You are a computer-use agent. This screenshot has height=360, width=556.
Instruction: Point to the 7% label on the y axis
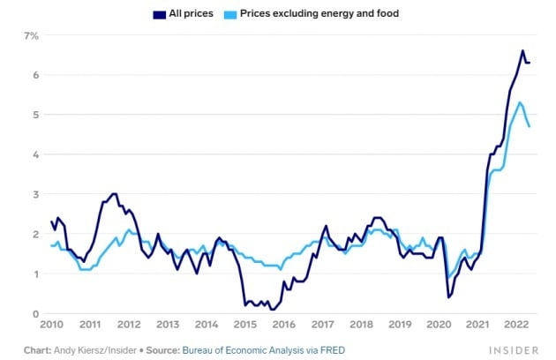coord(32,35)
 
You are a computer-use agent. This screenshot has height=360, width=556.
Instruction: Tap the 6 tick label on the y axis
coord(34,75)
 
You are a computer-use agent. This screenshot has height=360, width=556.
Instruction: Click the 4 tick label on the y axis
coord(34,154)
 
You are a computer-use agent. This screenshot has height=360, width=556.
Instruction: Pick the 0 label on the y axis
coord(34,313)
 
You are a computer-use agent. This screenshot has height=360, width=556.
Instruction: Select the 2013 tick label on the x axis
coord(168,325)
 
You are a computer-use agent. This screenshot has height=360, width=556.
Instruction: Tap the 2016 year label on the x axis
coord(283,325)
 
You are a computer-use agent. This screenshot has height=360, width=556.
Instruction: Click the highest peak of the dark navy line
coord(522,51)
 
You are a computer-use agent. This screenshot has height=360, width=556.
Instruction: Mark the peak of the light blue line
coord(520,102)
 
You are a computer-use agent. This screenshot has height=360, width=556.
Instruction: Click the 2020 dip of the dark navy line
coord(448,296)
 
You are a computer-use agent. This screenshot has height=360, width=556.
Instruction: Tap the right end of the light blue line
coord(529,126)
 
